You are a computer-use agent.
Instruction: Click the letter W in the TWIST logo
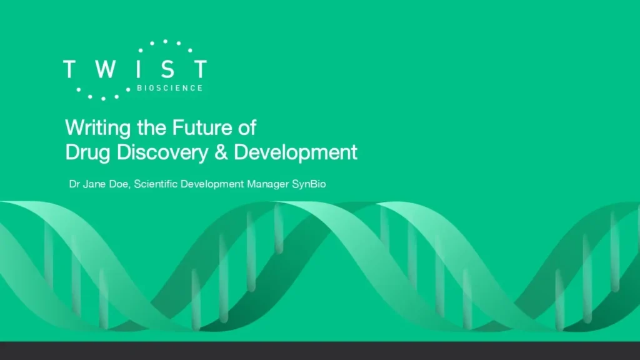point(106,69)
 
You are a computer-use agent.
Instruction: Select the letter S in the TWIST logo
point(167,69)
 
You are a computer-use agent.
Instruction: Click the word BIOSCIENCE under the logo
point(170,88)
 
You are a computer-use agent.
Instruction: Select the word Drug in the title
point(87,152)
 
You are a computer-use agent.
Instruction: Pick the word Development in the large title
point(296,152)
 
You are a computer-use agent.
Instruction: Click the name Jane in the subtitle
point(94,184)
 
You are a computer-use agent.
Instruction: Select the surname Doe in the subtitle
point(120,184)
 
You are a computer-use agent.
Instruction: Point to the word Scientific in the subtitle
point(156,184)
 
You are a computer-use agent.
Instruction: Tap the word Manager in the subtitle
point(267,184)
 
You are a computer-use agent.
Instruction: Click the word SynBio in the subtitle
point(309,184)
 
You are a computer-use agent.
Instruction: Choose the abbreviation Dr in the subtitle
point(74,184)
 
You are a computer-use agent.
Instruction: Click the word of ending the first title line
point(247,127)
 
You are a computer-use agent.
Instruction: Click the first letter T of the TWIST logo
point(70,69)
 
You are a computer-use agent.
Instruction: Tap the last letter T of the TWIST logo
point(201,69)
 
